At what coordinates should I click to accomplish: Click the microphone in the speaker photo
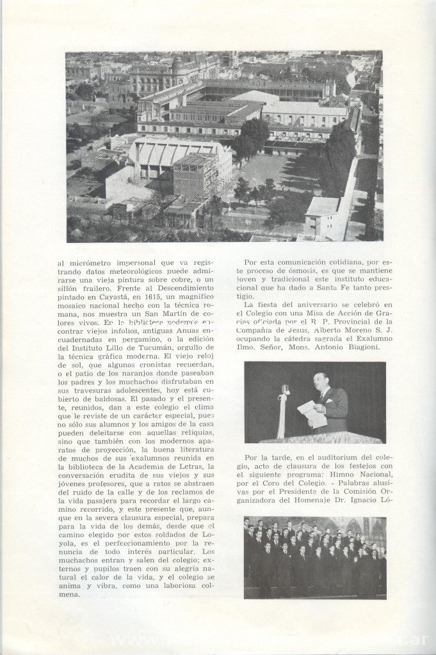(x=286, y=390)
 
